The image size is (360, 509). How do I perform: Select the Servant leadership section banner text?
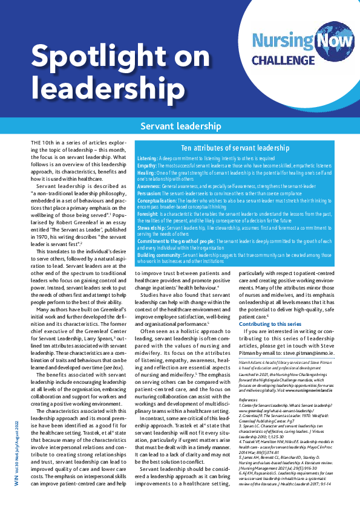pos(180,126)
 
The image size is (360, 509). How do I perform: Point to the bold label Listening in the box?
pos(148,158)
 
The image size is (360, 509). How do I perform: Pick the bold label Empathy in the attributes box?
pos(147,164)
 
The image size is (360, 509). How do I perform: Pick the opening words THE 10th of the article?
pos(42,141)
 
